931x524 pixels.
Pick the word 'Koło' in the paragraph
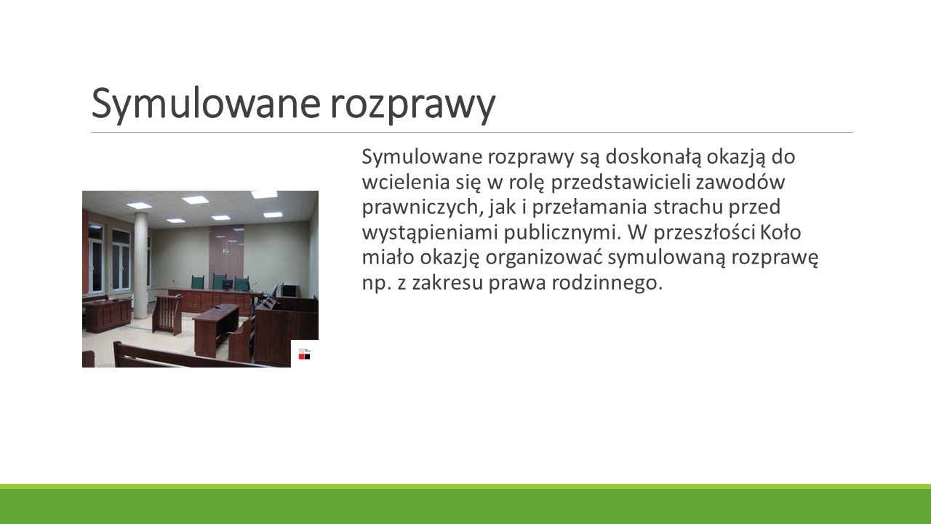(x=780, y=232)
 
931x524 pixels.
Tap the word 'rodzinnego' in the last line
(x=607, y=283)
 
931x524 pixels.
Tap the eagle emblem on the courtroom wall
(x=226, y=252)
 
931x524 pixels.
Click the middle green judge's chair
(x=219, y=282)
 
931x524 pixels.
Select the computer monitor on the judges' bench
(x=227, y=285)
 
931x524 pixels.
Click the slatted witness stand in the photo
(x=167, y=314)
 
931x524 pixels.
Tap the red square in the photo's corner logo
(x=301, y=357)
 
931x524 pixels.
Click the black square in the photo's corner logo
(x=307, y=357)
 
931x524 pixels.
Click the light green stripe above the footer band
(x=465, y=487)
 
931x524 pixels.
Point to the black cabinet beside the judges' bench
(x=289, y=290)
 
